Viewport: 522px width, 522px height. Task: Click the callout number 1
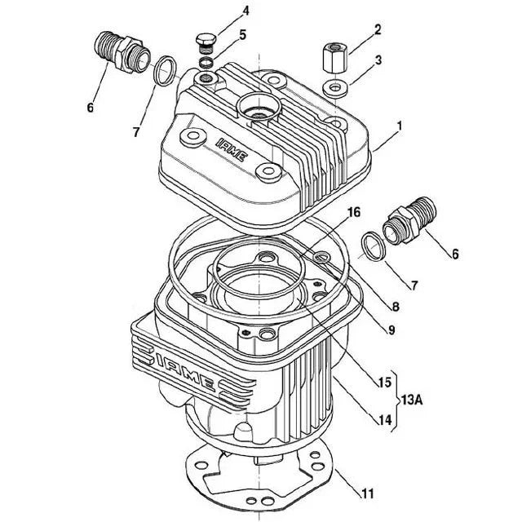[400, 126]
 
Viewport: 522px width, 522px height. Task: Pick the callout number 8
[395, 307]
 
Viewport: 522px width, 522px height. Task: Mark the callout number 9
[392, 330]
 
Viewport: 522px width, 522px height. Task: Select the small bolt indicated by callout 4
[205, 40]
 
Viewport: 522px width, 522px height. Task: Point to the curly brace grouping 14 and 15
[392, 400]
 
